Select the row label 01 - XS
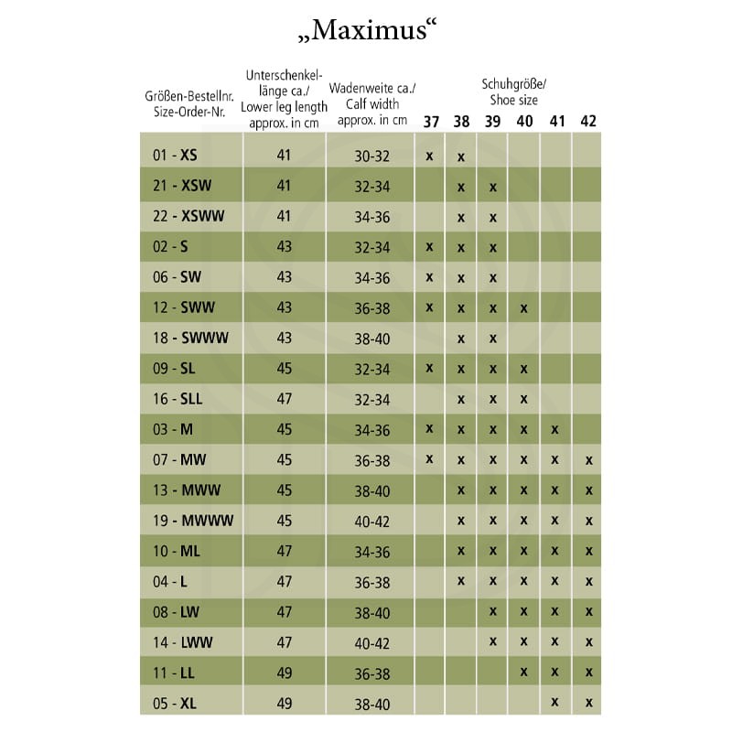pyautogui.click(x=175, y=156)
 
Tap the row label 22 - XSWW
pyautogui.click(x=188, y=217)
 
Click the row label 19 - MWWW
pyautogui.click(x=193, y=520)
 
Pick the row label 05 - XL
pyautogui.click(x=175, y=703)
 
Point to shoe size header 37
pyautogui.click(x=430, y=122)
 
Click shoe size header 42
pyautogui.click(x=588, y=122)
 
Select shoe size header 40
pyautogui.click(x=524, y=122)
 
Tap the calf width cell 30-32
pyautogui.click(x=372, y=156)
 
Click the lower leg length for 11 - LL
pyautogui.click(x=284, y=673)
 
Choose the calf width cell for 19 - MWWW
pyautogui.click(x=372, y=520)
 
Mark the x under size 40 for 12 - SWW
pyautogui.click(x=524, y=308)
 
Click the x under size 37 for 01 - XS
pyautogui.click(x=429, y=156)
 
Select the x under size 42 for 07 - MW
pyautogui.click(x=588, y=460)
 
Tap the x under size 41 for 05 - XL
pyautogui.click(x=555, y=703)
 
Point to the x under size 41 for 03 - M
pyautogui.click(x=555, y=429)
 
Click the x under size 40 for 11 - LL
pyautogui.click(x=524, y=673)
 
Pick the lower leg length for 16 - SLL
pyautogui.click(x=284, y=399)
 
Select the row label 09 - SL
pyautogui.click(x=174, y=369)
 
